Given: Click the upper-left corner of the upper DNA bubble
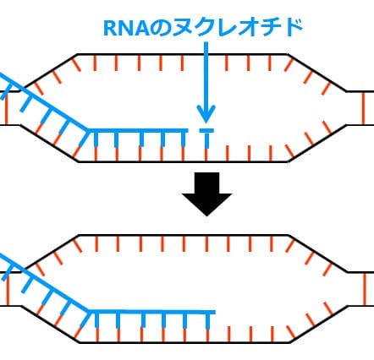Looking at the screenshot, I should [77, 56].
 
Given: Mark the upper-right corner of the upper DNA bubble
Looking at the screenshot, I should [292, 56].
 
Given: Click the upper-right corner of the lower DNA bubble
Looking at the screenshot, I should [292, 236].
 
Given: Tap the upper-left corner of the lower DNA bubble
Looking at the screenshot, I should [77, 236].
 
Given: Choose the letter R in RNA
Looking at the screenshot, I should [108, 30].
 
